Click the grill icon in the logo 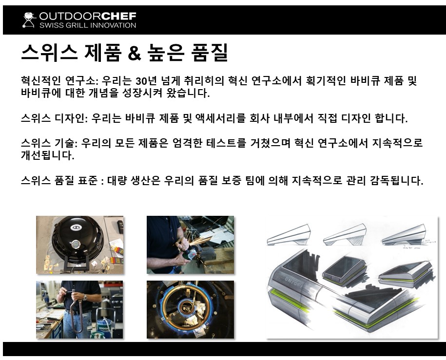click(x=29, y=19)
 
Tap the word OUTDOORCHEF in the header click(x=88, y=16)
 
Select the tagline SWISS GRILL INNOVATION click(x=88, y=25)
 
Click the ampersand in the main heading click(x=134, y=53)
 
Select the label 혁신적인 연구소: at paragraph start click(x=59, y=81)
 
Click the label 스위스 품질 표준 click(x=59, y=180)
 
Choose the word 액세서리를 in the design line click(x=220, y=118)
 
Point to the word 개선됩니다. click(x=47, y=155)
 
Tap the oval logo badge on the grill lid click(x=76, y=227)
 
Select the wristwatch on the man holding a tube click(x=85, y=297)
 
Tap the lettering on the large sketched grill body click(x=293, y=282)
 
